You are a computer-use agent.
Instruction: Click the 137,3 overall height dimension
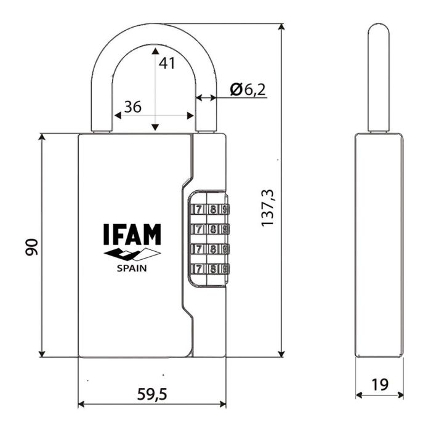click(x=267, y=207)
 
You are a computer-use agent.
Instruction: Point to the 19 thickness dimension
click(x=380, y=385)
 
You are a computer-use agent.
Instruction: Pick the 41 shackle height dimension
click(x=167, y=63)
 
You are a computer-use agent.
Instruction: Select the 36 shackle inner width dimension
click(x=132, y=107)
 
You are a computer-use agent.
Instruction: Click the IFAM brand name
click(x=131, y=235)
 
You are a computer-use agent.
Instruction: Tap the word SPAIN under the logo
click(x=132, y=268)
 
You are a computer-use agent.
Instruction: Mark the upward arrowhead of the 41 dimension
click(x=156, y=50)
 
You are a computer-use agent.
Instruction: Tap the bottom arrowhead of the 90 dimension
click(x=42, y=353)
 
